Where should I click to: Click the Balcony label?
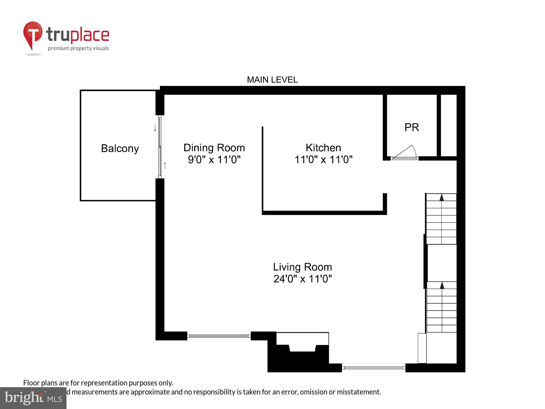[x=120, y=149]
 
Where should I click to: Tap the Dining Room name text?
[x=214, y=148]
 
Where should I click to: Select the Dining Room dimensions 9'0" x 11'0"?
[x=214, y=160]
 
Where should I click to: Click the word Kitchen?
[x=323, y=148]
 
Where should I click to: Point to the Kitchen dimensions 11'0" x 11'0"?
[x=323, y=160]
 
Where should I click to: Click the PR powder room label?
[x=411, y=127]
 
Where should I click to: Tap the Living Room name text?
[x=302, y=267]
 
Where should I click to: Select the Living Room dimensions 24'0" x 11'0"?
[x=302, y=279]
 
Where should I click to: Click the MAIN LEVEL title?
[x=272, y=80]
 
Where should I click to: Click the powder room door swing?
[x=406, y=153]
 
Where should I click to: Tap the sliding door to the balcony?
[x=160, y=147]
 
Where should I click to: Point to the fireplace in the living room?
[x=302, y=350]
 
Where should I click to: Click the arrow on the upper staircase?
[x=441, y=197]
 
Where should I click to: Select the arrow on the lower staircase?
[x=442, y=285]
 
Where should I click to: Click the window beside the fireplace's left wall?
[x=219, y=336]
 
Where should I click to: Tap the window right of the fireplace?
[x=373, y=368]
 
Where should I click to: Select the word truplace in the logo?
[x=78, y=35]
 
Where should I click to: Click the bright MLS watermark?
[x=33, y=398]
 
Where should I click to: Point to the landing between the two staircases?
[x=441, y=263]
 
